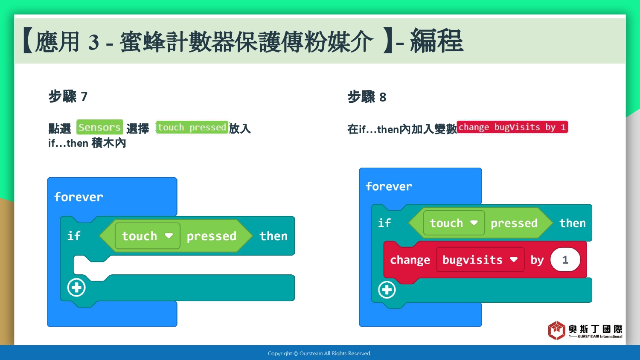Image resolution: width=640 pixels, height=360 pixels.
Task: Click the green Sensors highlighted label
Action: (99, 127)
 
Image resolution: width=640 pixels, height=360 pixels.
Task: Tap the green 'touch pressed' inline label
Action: (192, 127)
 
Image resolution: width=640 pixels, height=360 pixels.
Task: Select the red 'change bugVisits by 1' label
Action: (512, 127)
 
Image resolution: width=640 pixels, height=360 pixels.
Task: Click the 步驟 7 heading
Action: (68, 96)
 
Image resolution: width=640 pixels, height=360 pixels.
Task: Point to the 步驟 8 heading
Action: (367, 97)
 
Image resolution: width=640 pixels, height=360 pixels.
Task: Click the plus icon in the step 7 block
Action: (76, 287)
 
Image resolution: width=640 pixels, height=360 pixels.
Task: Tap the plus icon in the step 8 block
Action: (387, 290)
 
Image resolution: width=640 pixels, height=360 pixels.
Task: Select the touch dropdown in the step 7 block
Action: (148, 236)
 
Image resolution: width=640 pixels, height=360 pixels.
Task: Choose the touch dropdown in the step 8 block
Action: (454, 223)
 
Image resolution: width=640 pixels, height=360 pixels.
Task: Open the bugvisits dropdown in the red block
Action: (480, 260)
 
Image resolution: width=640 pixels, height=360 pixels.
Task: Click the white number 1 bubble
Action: (565, 260)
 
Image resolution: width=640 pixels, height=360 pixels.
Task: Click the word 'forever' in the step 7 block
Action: (79, 197)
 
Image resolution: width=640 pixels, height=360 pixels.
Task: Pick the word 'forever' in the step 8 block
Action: (389, 186)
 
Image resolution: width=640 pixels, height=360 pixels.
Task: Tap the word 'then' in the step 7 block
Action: (273, 236)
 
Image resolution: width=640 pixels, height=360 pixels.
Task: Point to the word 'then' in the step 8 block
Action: (573, 223)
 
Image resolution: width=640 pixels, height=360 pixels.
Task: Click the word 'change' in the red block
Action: (410, 260)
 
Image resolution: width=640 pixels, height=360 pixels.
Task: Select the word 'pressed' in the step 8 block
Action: (514, 223)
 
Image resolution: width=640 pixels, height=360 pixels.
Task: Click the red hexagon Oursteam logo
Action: (556, 330)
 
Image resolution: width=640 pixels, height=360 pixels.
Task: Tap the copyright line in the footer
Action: (320, 354)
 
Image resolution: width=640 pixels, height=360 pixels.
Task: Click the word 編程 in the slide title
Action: (436, 41)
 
